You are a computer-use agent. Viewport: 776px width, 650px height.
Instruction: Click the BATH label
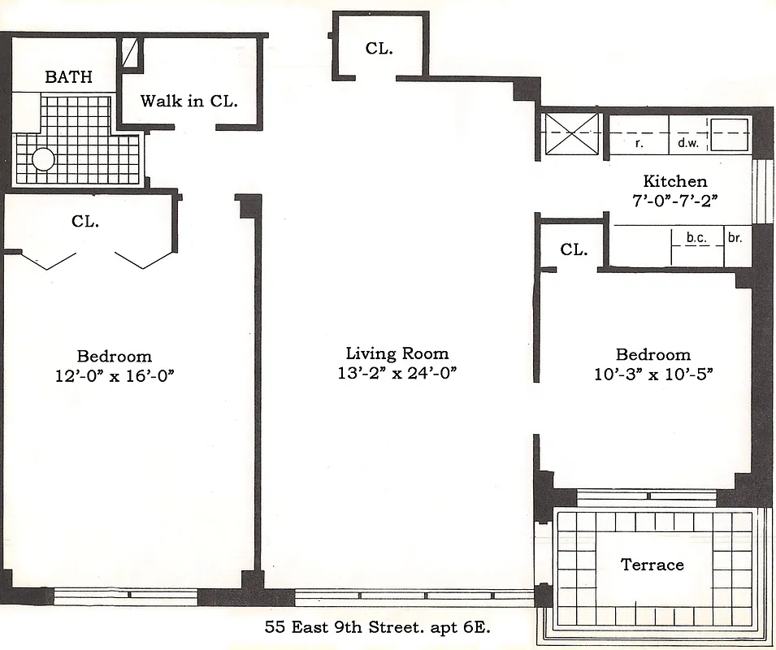coord(68,78)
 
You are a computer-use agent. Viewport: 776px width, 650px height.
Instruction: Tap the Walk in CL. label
coord(189,102)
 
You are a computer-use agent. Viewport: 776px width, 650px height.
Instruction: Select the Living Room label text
coord(397,353)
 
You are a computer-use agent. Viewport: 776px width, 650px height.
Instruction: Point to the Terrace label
coord(652,565)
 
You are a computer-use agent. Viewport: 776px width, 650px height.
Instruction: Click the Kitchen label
coord(674,181)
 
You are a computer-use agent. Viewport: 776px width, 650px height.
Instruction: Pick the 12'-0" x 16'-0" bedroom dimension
coord(114,375)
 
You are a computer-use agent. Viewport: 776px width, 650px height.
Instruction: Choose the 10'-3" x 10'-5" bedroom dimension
coord(652,374)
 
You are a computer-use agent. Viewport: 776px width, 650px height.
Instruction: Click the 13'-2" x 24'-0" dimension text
coord(397,374)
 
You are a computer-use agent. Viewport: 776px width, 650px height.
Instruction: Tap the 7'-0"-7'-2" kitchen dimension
coord(674,200)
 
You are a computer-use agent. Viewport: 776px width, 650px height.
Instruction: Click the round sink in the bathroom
coord(43,158)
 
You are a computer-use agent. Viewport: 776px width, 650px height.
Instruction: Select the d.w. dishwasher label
coord(688,144)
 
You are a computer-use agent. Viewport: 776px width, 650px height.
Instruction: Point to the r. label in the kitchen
coord(639,144)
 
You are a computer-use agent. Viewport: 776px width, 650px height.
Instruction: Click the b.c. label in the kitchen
coord(696,237)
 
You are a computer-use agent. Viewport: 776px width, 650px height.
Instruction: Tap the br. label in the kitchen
coord(735,237)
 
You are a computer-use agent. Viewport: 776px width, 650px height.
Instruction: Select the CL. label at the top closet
coord(379,49)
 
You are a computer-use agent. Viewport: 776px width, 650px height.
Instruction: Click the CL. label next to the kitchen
coord(574,250)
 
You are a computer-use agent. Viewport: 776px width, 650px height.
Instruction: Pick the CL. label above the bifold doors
coord(85,221)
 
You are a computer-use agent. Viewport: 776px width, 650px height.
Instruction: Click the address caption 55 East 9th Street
coord(378,627)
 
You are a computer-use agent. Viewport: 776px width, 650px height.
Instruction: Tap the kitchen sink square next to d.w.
coord(729,134)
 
